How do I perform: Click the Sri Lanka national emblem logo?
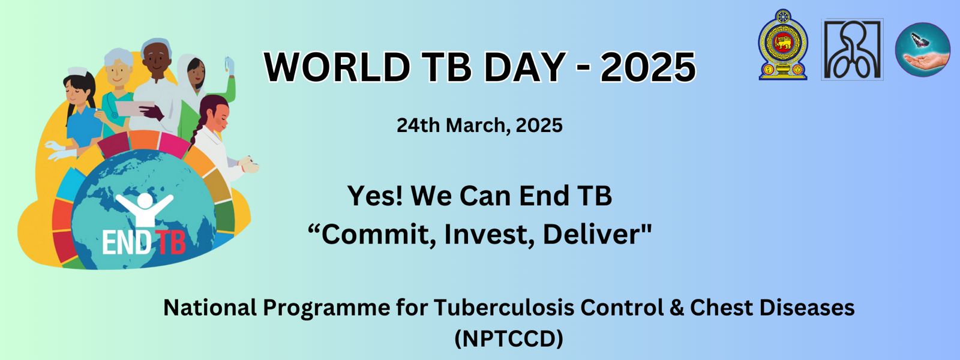[x=783, y=44]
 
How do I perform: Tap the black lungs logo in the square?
[x=852, y=49]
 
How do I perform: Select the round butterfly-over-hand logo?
[x=922, y=50]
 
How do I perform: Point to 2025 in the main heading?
[x=647, y=67]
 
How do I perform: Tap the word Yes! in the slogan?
[x=375, y=196]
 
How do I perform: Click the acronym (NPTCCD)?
[x=509, y=338]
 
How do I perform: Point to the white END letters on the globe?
[x=127, y=243]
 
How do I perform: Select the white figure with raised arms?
[x=145, y=209]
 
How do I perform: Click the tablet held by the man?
[x=134, y=107]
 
